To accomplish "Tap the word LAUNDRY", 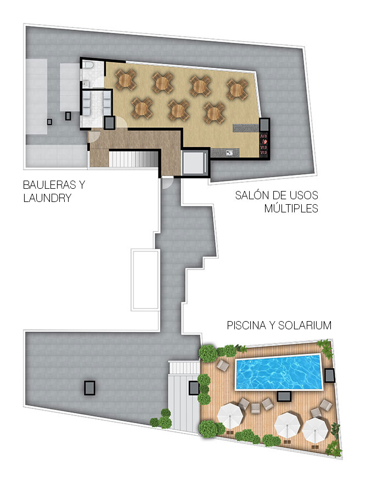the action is coord(47,198).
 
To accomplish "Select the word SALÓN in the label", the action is coord(249,195).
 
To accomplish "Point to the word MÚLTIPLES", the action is coord(291,208).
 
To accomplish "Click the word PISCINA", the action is coord(247,325).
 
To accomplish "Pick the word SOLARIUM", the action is coord(305,325).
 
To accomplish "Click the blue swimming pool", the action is coord(279,372).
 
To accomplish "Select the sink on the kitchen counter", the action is coord(229,153).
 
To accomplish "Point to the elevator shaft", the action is coord(194,162).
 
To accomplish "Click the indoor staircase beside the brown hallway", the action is coord(134,159).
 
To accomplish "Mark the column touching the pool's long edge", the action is coord(284,396).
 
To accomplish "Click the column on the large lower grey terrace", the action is coord(89,388).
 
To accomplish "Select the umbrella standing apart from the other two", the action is coord(230,417).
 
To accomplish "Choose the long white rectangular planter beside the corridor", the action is coord(145,280).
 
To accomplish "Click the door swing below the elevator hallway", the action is coord(166,183).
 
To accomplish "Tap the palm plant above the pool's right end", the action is coord(325,348).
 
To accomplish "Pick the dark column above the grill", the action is coord(264,125).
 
